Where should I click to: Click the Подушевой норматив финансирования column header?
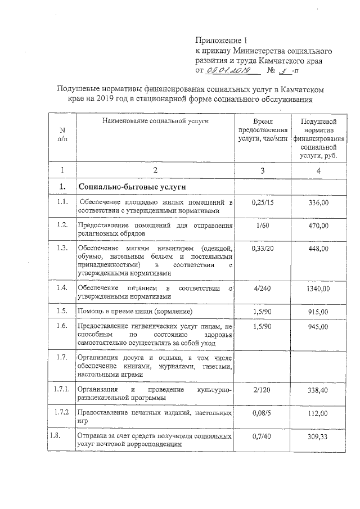click(x=318, y=138)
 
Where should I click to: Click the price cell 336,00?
click(x=318, y=202)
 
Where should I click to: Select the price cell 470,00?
click(x=318, y=226)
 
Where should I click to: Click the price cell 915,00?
click(x=318, y=312)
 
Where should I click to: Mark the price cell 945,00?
click(x=318, y=327)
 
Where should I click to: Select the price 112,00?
click(x=318, y=413)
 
